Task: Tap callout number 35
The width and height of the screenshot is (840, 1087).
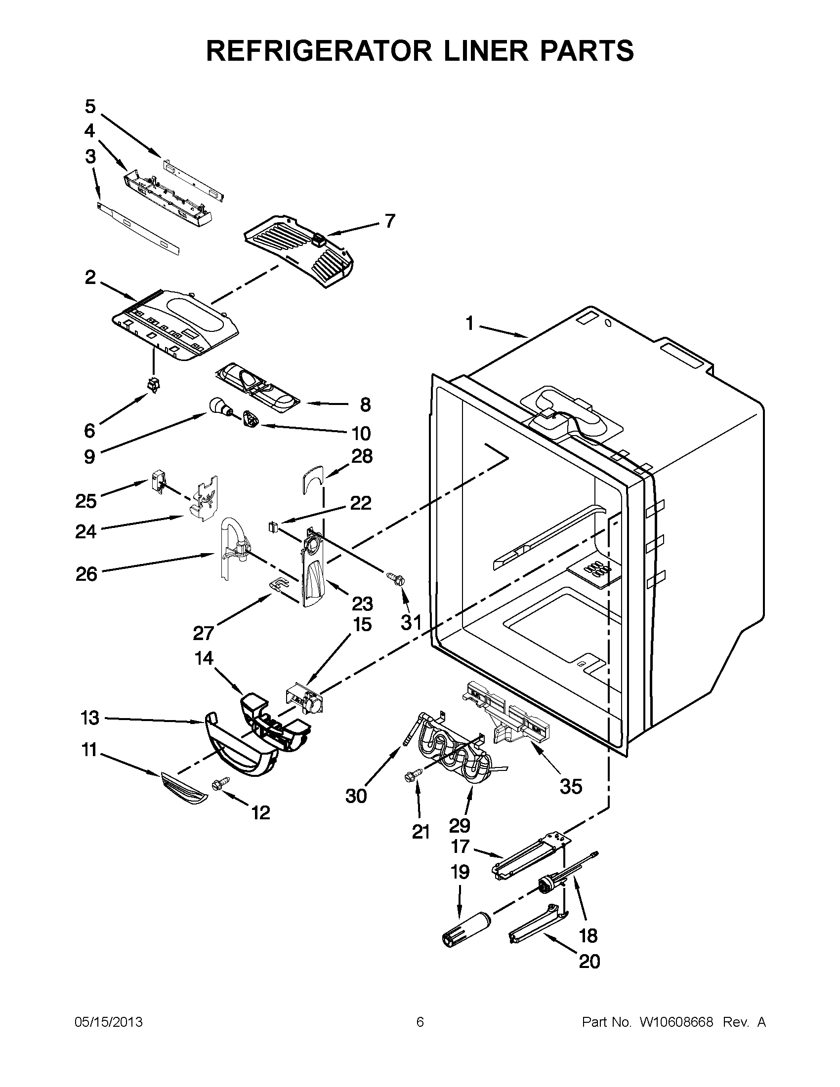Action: [x=571, y=786]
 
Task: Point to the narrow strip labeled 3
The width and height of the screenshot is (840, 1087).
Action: [x=138, y=227]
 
